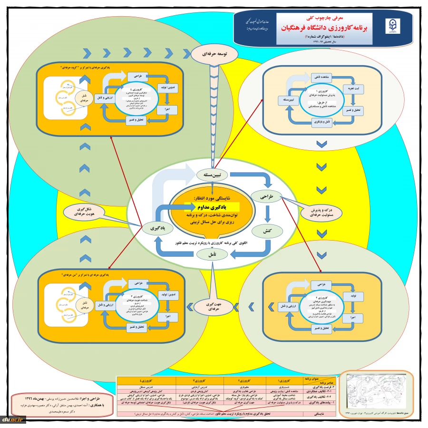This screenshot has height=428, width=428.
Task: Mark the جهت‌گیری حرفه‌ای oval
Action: pos(210,306)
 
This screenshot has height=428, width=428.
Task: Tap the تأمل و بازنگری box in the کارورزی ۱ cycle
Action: pos(324,122)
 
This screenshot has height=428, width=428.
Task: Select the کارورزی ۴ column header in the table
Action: pos(146,380)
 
